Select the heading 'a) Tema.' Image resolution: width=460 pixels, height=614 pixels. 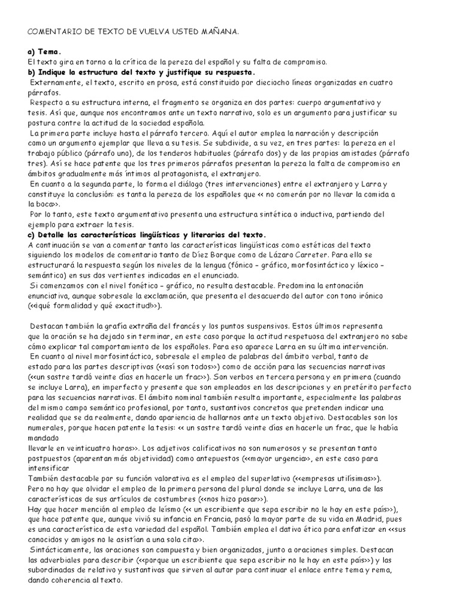point(45,52)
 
